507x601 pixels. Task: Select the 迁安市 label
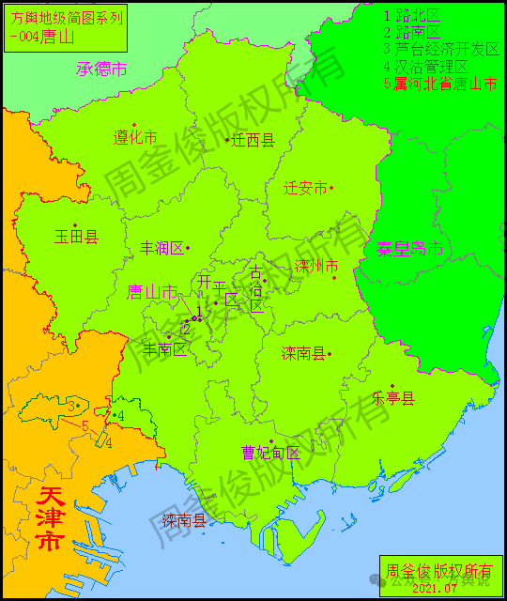tap(305, 188)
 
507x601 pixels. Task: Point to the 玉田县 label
tap(76, 237)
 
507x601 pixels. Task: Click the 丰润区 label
tap(161, 248)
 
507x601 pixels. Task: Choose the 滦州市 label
tap(315, 267)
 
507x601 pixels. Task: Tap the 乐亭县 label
tap(393, 398)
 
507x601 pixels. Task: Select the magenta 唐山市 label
tap(152, 292)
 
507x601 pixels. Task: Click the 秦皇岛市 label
tap(410, 248)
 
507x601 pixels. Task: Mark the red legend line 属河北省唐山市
tap(440, 84)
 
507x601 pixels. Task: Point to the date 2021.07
tap(434, 588)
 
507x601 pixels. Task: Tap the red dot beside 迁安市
tap(331, 188)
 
